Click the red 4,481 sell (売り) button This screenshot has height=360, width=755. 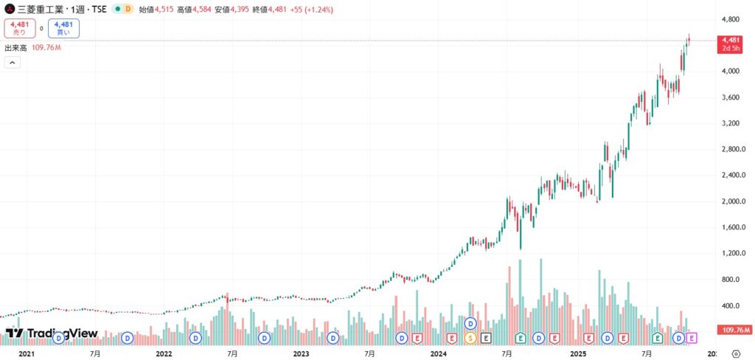coord(19,28)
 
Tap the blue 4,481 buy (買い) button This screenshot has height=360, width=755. coord(64,28)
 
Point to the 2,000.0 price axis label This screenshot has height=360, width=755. coord(732,201)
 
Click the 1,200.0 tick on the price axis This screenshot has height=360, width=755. coord(732,253)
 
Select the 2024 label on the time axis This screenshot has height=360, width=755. coord(439,354)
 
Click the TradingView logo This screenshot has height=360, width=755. coord(52,334)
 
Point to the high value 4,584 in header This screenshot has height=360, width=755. coord(206,9)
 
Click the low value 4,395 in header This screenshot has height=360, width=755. coord(252,9)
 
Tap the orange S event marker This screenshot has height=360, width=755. coord(470,338)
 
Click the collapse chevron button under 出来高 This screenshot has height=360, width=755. coord(13,63)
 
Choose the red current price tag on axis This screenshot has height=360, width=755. coord(731,44)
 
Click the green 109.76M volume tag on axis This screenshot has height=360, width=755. coord(735,330)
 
